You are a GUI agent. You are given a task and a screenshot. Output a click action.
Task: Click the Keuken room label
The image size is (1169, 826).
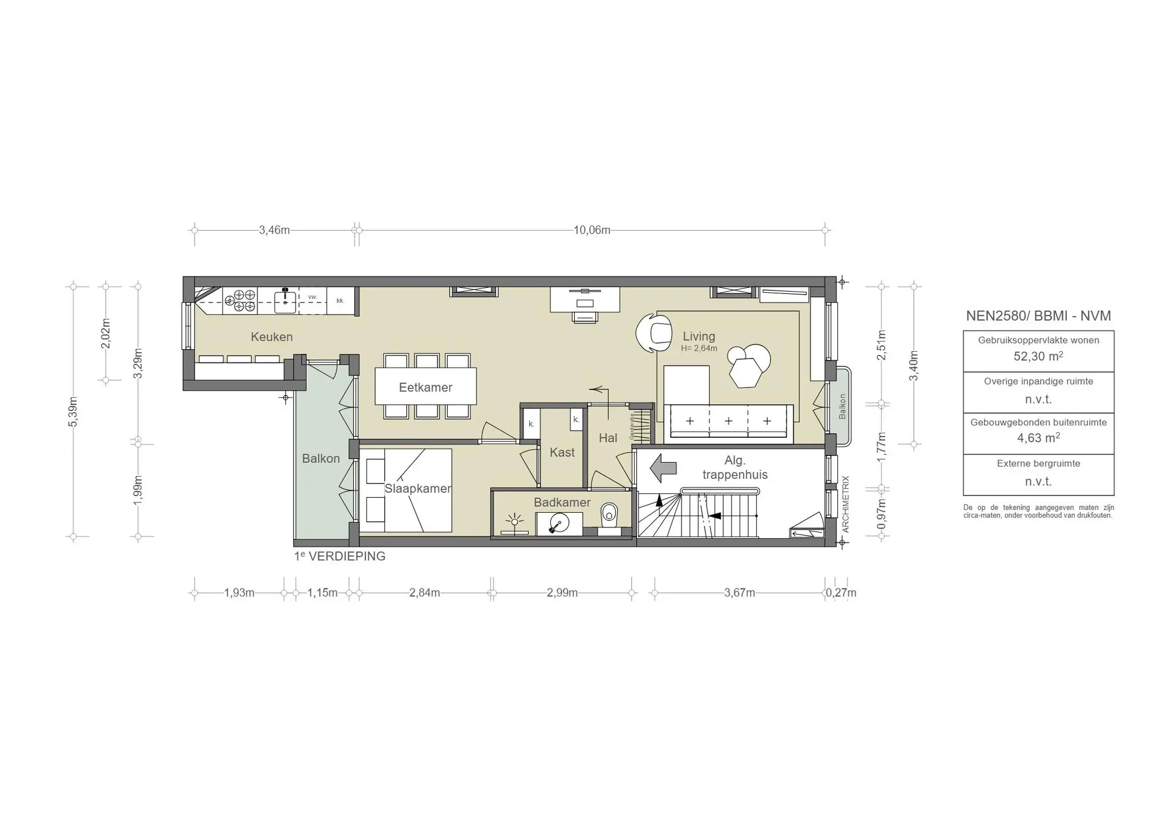[x=272, y=337]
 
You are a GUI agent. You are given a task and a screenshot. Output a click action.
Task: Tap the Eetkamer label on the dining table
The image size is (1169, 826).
[x=425, y=388]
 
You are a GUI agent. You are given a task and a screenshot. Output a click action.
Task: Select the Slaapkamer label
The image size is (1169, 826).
[x=417, y=489]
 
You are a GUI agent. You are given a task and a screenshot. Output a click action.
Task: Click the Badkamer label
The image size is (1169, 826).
[x=562, y=502]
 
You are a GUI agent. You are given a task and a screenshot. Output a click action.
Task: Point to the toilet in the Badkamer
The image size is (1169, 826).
[x=609, y=515]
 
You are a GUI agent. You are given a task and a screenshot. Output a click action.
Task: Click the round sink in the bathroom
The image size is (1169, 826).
[x=558, y=523]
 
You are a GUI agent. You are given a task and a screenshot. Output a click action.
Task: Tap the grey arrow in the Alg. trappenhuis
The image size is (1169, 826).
[x=663, y=468]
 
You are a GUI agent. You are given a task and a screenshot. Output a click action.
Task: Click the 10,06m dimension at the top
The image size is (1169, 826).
[x=592, y=230]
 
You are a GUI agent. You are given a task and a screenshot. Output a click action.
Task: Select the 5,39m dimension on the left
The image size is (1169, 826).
[x=73, y=411]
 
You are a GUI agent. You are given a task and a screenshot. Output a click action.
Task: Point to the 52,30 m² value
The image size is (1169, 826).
[x=1038, y=356]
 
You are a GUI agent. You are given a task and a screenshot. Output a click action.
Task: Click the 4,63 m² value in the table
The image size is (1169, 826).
[x=1038, y=438]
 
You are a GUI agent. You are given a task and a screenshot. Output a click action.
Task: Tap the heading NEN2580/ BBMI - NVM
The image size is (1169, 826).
[x=1038, y=316]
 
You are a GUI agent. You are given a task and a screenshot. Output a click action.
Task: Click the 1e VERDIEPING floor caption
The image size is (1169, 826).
[x=340, y=557]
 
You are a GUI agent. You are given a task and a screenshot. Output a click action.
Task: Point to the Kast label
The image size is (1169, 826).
[x=562, y=453]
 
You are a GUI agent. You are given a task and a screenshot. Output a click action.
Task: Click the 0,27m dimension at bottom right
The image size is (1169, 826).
[x=841, y=593]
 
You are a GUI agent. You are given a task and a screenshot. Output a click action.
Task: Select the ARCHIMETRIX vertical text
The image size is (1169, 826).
[x=845, y=504]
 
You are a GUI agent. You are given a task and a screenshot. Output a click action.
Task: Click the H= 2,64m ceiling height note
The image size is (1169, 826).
[x=699, y=348]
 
